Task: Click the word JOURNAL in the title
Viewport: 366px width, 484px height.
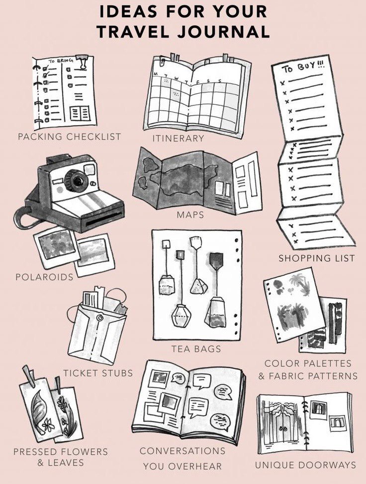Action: tap(223, 31)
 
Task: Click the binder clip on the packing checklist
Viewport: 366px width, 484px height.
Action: tap(82, 63)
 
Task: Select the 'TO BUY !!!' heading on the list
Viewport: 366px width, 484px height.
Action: tap(303, 67)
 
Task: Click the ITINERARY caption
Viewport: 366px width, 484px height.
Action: tap(178, 138)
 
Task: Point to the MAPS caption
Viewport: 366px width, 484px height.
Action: tap(190, 214)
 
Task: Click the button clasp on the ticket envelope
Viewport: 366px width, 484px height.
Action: tap(99, 318)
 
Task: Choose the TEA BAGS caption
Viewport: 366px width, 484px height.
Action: tap(196, 349)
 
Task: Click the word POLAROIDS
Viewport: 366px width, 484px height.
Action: tap(45, 277)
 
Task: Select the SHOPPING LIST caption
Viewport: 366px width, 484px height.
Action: tap(317, 258)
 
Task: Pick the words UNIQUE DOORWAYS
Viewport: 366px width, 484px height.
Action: tap(305, 465)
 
